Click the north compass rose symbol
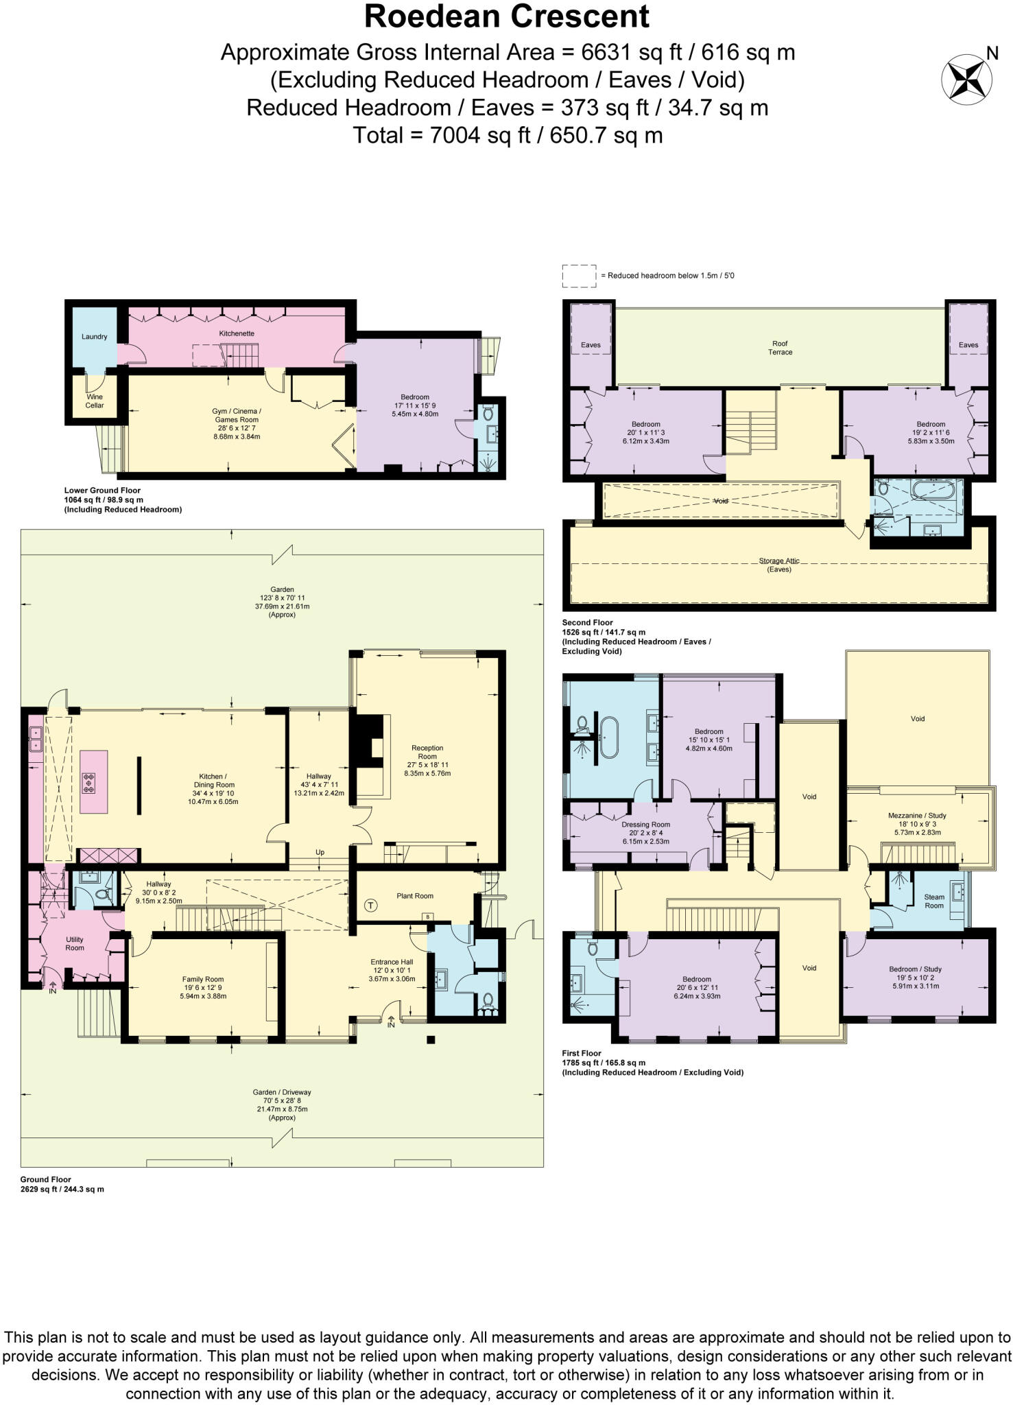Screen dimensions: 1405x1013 coord(966,80)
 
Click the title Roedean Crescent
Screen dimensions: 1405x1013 coord(506,16)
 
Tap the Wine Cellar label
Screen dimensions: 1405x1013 coord(95,401)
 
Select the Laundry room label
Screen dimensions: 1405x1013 coord(95,337)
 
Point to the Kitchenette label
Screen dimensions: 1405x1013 coord(237,333)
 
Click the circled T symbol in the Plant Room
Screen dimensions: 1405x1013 coord(371,906)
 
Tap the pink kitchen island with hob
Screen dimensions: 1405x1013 coord(94,781)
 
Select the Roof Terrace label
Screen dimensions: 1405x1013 coord(780,348)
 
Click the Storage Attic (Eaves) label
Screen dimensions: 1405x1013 coord(779,565)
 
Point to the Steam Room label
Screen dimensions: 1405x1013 coord(934,901)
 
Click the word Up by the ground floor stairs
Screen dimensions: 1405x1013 coord(320,852)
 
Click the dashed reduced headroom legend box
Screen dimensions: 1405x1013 coord(579,276)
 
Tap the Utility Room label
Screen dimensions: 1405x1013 coord(75,943)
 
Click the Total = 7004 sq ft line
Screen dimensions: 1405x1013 coord(508,135)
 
